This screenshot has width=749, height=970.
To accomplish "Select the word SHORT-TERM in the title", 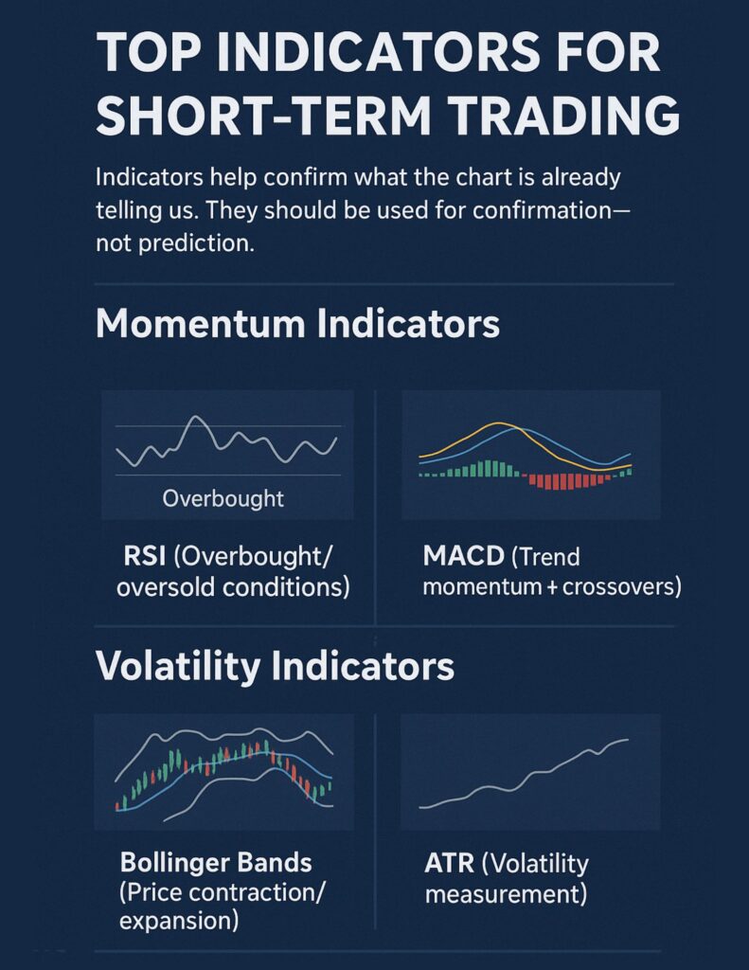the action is coord(263,116).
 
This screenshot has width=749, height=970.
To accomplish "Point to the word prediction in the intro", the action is coord(196,243).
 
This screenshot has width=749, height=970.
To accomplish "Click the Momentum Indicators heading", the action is coord(297,323).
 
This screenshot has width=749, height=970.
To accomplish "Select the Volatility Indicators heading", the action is coord(276,666).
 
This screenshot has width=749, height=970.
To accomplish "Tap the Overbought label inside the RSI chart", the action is coord(223,498).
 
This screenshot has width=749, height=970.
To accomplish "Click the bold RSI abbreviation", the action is coord(144,555).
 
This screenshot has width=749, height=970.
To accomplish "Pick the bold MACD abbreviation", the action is coord(463,555).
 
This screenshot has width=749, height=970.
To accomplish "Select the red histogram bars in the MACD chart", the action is coord(570,481).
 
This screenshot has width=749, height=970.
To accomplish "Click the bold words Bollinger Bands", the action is coord(216,862).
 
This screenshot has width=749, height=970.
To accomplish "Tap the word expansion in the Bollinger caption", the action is coord(179,921).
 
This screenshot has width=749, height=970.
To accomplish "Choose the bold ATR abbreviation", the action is coord(449,863).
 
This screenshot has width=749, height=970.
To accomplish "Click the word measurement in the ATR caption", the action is coord(506,894).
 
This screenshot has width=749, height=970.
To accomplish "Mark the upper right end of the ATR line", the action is coord(628,739).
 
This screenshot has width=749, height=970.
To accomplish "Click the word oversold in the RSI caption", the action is coord(166,586).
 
